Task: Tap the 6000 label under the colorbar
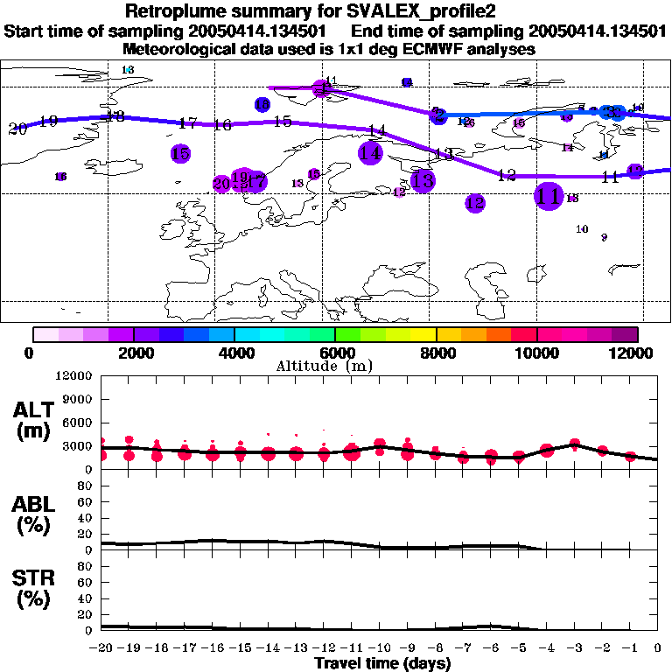tap(335, 353)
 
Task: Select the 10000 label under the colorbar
tap(537, 353)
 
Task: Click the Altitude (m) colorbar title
tap(335, 366)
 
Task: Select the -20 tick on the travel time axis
tap(101, 649)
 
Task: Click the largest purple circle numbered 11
tap(549, 195)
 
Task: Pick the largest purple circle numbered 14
tap(371, 152)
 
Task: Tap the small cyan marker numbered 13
tap(129, 70)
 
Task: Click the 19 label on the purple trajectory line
tap(48, 121)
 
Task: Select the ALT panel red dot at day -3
tap(575, 444)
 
